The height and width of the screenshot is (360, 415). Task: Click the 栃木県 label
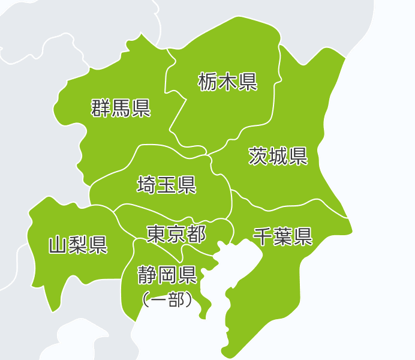[x=228, y=81]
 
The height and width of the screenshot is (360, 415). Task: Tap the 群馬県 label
[x=121, y=109]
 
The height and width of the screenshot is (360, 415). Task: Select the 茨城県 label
[x=278, y=156]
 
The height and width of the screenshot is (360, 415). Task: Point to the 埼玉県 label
[x=167, y=185]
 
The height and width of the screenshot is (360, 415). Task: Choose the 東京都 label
[x=176, y=233]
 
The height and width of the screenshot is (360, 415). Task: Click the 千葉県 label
[x=282, y=236]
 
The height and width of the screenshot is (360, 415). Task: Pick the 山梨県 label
[x=78, y=245]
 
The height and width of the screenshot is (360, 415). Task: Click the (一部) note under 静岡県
[x=167, y=299]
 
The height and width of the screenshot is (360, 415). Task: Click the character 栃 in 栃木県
[x=208, y=81]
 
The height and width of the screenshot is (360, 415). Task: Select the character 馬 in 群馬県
[x=121, y=109]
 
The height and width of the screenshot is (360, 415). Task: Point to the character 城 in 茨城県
[x=278, y=156]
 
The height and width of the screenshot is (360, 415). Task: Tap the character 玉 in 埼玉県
[x=167, y=185]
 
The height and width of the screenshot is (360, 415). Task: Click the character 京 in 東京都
[x=176, y=233]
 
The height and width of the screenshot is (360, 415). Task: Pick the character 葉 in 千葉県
[x=282, y=236]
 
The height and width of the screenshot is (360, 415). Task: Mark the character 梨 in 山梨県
[x=78, y=245]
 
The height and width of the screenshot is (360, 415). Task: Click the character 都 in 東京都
[x=196, y=233]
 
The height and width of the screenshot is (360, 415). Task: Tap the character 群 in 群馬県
[x=101, y=109]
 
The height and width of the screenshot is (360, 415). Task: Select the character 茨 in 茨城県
[x=258, y=156]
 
